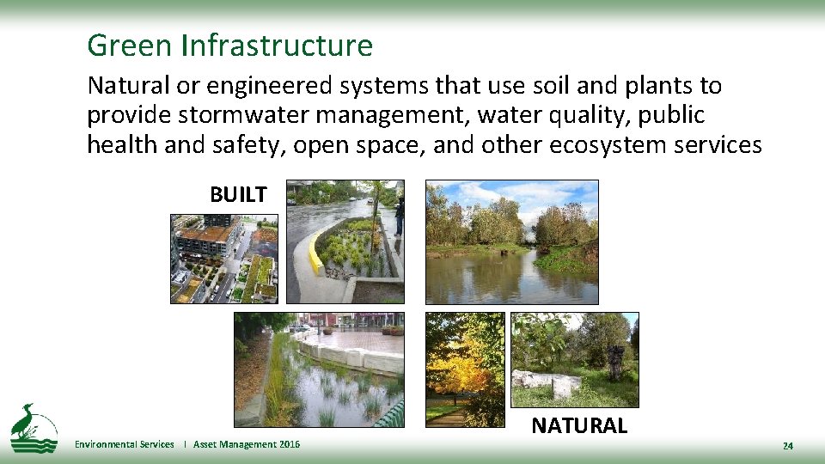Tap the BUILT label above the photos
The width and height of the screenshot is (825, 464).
click(238, 195)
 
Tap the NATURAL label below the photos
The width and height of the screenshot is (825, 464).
click(579, 425)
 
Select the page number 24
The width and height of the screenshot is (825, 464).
click(787, 446)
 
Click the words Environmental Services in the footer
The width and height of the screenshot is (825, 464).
click(124, 444)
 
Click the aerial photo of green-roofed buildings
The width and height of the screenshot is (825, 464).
click(224, 258)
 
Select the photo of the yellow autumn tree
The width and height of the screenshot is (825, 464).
click(465, 369)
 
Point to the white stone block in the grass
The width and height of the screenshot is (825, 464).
click(544, 383)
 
